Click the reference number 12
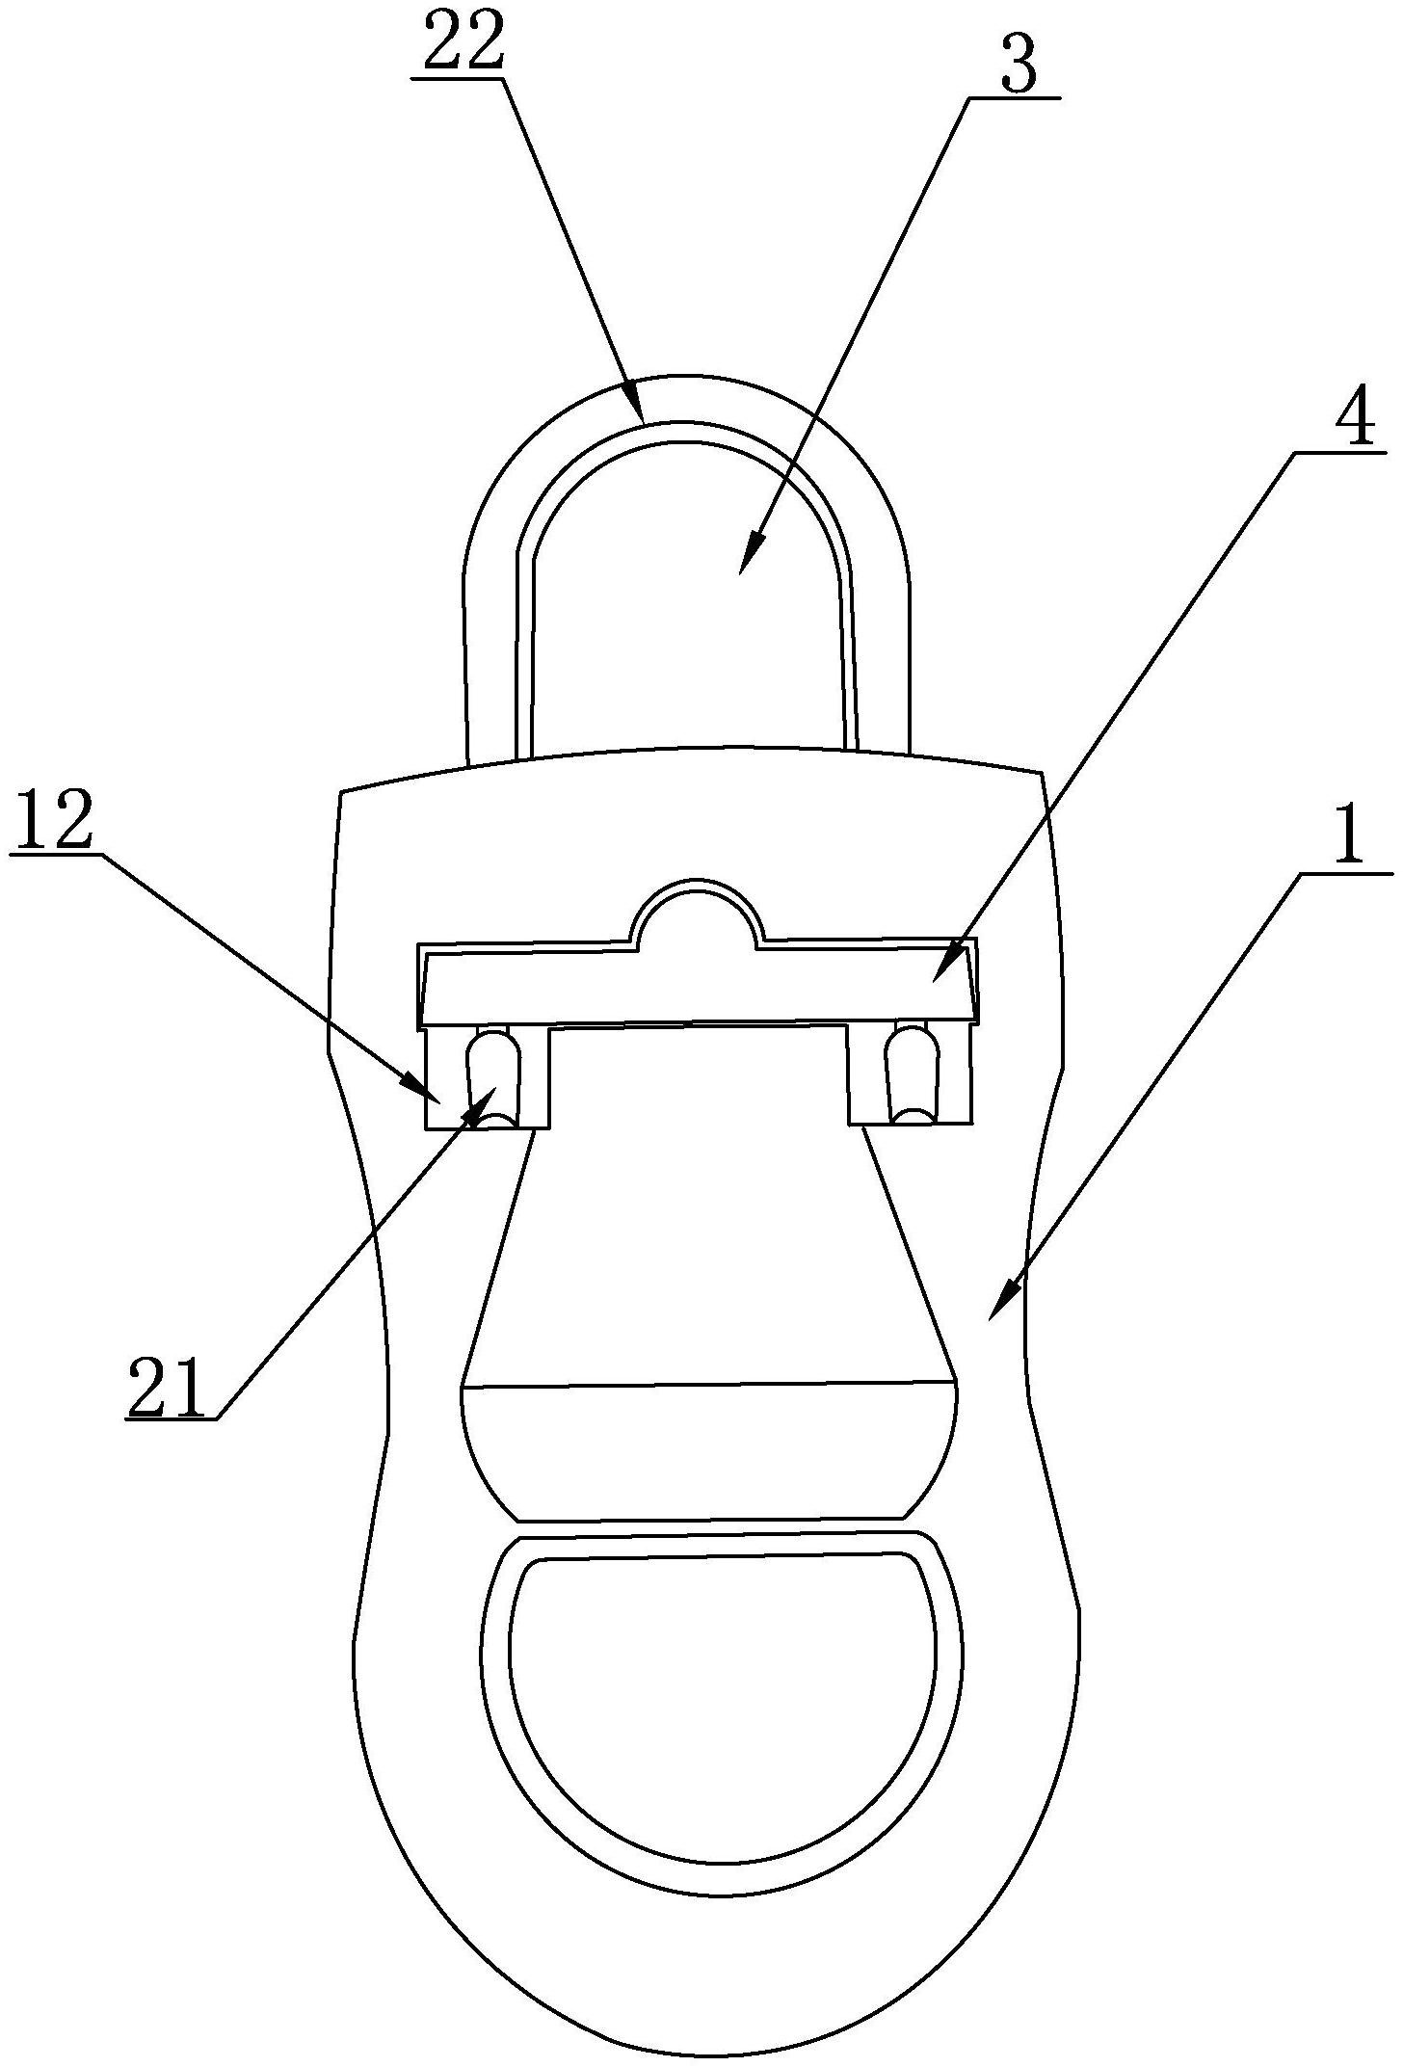(54, 820)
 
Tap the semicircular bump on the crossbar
(696, 910)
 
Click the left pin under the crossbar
(492, 1077)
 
